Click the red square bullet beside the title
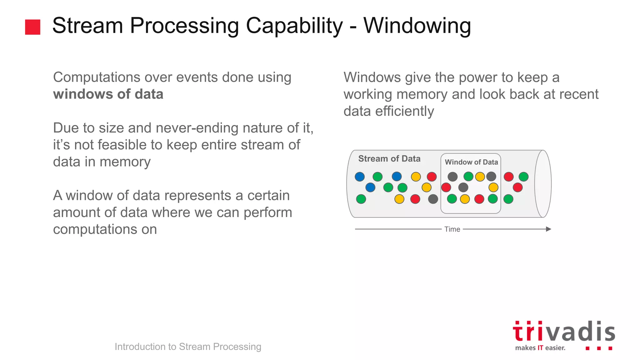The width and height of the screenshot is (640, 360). click(x=32, y=27)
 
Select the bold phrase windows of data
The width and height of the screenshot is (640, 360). click(x=108, y=94)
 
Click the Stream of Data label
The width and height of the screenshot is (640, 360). click(x=389, y=159)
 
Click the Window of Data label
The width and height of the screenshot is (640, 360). click(x=471, y=162)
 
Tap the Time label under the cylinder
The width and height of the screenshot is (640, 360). click(x=452, y=229)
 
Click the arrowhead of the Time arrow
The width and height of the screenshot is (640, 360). click(x=548, y=229)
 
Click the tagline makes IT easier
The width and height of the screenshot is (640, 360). click(x=540, y=348)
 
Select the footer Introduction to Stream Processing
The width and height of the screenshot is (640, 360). click(x=188, y=347)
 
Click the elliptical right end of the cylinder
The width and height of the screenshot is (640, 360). click(x=543, y=184)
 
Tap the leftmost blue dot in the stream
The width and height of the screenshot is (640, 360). click(x=360, y=177)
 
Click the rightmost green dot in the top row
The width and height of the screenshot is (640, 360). click(x=523, y=177)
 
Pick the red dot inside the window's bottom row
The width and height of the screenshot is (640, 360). click(x=479, y=199)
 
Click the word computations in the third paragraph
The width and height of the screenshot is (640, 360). click(x=105, y=229)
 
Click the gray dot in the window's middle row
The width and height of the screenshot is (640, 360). click(x=463, y=187)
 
